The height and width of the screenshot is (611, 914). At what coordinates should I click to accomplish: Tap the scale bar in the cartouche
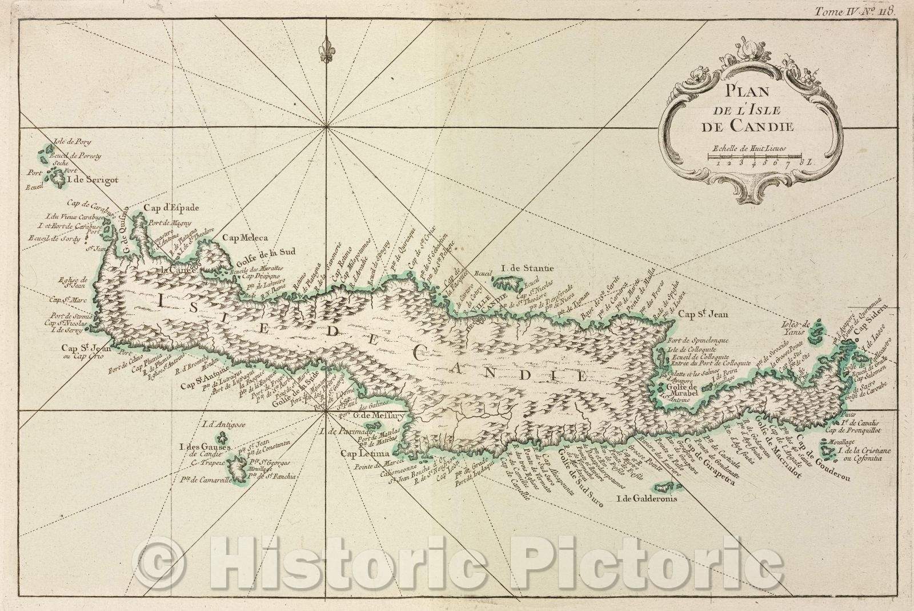[754, 155]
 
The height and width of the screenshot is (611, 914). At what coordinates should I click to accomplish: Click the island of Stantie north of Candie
[507, 282]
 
